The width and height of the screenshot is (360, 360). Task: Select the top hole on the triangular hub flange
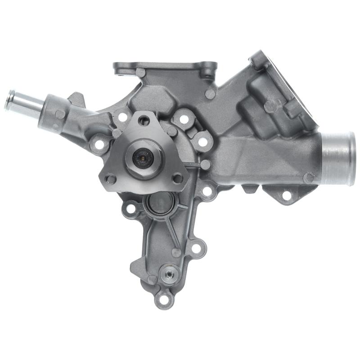(144, 120)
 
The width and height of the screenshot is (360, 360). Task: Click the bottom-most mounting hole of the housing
(163, 297)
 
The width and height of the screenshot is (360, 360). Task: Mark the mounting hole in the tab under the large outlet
(286, 195)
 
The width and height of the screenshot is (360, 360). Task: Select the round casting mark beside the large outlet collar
(309, 178)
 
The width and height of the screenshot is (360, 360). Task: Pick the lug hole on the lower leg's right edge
(196, 247)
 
